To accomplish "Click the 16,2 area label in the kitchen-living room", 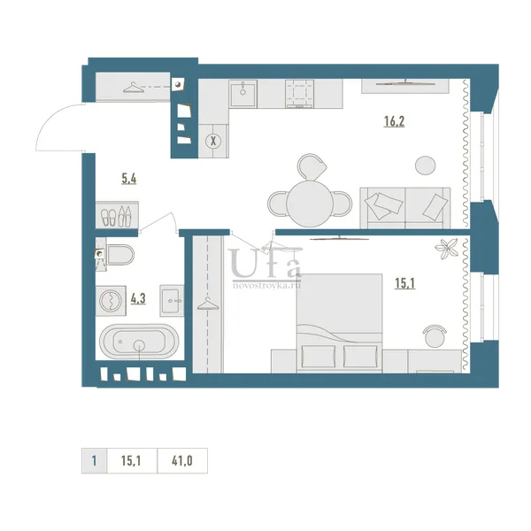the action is click(394, 121).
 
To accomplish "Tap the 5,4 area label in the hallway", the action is click(129, 179).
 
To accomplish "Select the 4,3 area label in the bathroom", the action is click(138, 299).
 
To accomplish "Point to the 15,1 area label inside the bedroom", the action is click(405, 283).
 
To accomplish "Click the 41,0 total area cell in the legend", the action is click(182, 461).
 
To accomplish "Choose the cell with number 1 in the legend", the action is click(94, 461).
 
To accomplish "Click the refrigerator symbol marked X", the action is click(213, 141).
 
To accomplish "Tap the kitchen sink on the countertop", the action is click(242, 94).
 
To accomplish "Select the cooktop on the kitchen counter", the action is click(299, 94).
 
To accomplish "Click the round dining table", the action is click(310, 204).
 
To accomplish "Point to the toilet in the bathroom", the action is click(119, 255).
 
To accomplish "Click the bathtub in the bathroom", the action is click(139, 342).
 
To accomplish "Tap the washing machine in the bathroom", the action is click(111, 301).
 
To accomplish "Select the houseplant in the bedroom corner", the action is click(447, 249).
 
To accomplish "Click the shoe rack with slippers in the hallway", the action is click(117, 215).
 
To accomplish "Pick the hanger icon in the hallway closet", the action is click(132, 88).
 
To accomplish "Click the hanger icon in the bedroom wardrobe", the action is click(208, 304).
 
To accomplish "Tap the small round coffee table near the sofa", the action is click(426, 165).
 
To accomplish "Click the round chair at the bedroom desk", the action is click(435, 336).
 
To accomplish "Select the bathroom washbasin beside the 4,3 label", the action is click(172, 301).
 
